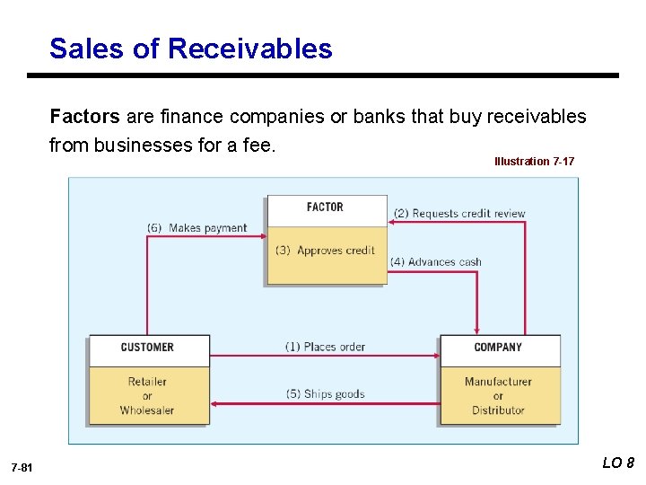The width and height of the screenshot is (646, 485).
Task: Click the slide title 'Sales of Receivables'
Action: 190,48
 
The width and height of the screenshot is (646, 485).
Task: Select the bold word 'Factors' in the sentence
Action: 84,117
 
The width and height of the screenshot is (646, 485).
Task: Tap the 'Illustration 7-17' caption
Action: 534,162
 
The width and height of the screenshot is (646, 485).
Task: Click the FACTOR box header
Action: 325,207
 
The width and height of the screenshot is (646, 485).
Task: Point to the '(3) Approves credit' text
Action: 325,251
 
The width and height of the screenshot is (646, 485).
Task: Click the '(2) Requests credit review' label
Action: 459,214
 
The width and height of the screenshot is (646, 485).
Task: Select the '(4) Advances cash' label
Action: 436,262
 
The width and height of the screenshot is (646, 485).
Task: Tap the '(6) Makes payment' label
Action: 196,228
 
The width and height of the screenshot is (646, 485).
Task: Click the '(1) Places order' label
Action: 325,347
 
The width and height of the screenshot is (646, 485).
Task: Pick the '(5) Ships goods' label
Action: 325,393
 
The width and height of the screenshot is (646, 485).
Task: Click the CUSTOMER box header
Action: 147,348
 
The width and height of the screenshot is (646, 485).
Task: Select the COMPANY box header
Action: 498,348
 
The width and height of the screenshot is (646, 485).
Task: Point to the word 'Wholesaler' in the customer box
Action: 147,410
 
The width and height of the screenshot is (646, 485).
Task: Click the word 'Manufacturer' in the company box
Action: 498,382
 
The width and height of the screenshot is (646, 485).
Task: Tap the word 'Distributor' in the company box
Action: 498,410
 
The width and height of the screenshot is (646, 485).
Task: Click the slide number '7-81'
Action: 22,468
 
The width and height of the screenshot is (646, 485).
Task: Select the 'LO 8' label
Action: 618,463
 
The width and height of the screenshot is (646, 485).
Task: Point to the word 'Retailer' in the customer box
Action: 147,382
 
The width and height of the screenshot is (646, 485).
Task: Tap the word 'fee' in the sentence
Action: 256,145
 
